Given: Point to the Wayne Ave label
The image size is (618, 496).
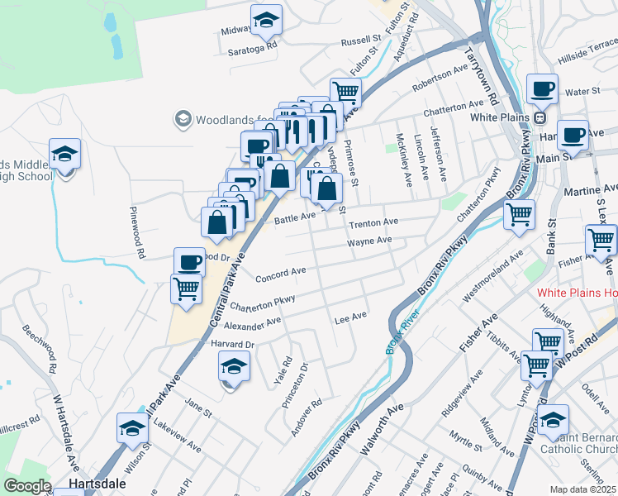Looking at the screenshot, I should click(x=369, y=241).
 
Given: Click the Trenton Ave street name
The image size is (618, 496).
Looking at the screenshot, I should click(x=373, y=222).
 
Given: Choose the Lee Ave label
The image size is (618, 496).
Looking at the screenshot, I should click(x=349, y=317).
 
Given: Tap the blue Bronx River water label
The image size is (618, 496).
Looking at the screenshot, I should click(x=392, y=333).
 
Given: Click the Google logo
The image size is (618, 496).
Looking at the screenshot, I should click(x=26, y=486).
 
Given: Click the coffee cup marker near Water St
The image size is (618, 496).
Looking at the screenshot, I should click(x=542, y=88).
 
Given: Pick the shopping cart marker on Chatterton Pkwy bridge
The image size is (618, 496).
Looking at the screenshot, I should click(x=519, y=215).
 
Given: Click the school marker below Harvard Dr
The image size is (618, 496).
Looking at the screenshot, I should click(x=234, y=366).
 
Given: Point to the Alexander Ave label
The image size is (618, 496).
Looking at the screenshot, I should click(x=253, y=322).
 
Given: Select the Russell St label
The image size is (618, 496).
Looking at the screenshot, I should click(x=360, y=40).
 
